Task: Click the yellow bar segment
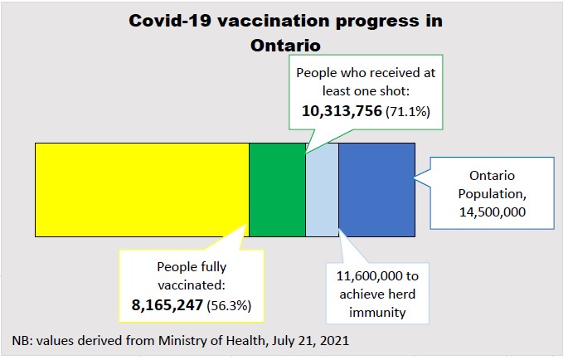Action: tap(142, 189)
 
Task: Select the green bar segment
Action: tap(277, 189)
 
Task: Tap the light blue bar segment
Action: tap(322, 189)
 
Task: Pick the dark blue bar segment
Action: tap(376, 189)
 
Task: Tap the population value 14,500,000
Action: tap(493, 212)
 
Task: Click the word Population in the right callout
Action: tap(493, 194)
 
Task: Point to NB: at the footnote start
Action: tap(23, 341)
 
